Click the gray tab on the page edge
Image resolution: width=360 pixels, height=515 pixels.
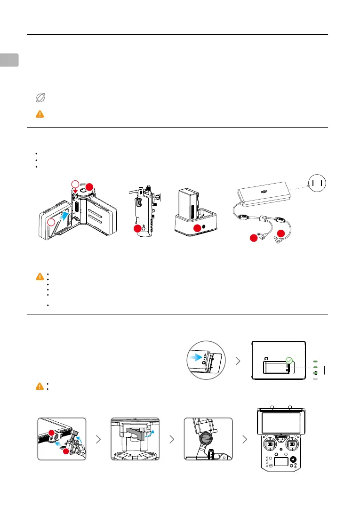point(9,60)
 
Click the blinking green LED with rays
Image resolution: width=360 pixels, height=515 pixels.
point(315,372)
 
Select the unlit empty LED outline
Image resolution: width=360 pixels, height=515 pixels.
point(315,378)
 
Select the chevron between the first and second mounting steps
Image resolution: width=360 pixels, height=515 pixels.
point(98,439)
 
